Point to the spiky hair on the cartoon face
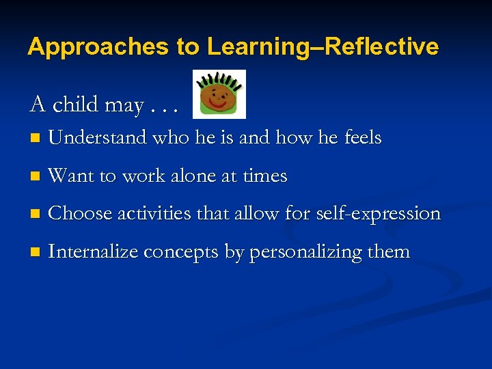click(x=219, y=80)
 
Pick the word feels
click(x=362, y=137)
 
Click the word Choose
click(x=80, y=213)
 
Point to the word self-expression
click(x=378, y=214)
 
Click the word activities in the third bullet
click(x=154, y=213)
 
